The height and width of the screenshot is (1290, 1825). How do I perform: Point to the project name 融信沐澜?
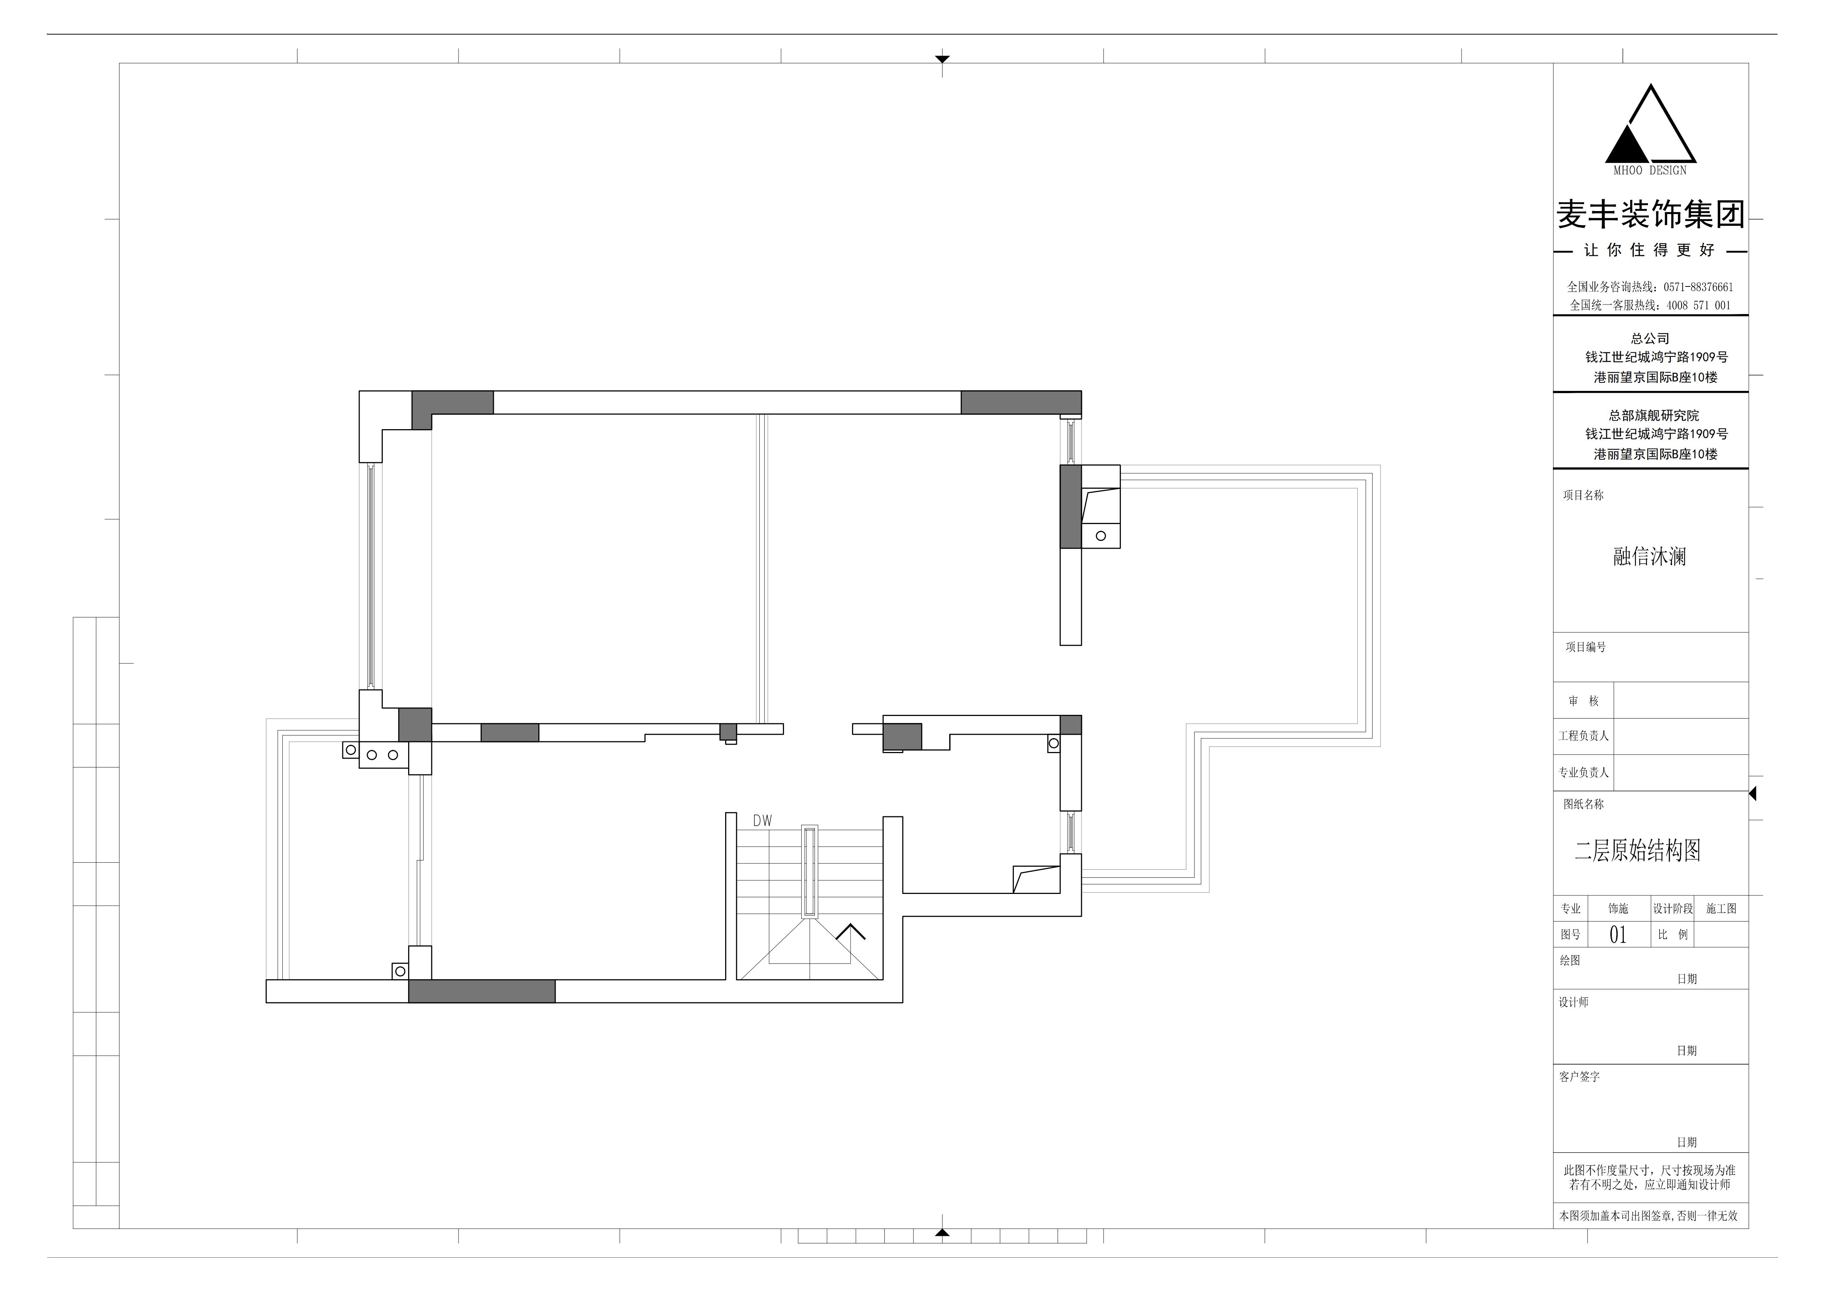1649,556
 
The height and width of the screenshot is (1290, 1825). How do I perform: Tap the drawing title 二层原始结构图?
1637,851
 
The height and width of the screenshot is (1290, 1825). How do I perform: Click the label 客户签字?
1579,1077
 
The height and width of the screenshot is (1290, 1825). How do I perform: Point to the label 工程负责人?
1583,736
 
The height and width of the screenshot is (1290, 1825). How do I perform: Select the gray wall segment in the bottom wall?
482,991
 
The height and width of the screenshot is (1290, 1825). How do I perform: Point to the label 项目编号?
1586,647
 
